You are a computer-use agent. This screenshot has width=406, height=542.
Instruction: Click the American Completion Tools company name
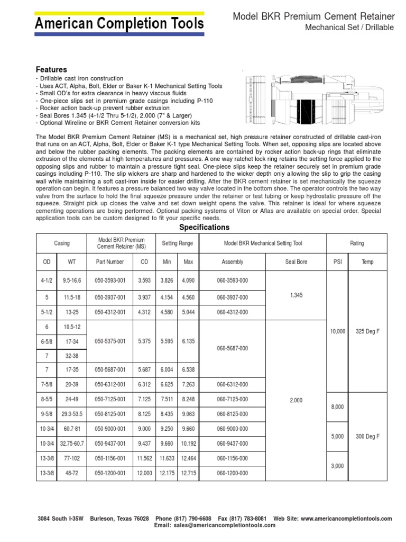click(x=119, y=23)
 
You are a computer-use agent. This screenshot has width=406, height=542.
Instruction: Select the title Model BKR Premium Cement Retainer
click(x=313, y=17)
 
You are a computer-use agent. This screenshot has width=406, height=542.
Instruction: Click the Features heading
click(x=51, y=69)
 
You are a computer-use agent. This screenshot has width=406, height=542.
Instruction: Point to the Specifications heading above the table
click(x=205, y=228)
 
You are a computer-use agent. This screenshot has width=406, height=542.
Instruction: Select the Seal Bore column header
click(x=296, y=261)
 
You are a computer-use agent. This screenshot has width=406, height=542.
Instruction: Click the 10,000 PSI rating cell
click(x=337, y=331)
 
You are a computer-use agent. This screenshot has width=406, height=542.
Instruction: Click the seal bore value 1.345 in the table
click(x=296, y=295)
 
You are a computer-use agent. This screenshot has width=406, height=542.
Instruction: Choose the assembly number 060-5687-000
click(x=233, y=348)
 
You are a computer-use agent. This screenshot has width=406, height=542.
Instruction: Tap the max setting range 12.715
click(x=188, y=472)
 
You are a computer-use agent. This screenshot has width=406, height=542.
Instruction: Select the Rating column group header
click(x=357, y=243)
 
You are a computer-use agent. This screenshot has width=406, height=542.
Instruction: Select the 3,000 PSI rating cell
click(x=337, y=466)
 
